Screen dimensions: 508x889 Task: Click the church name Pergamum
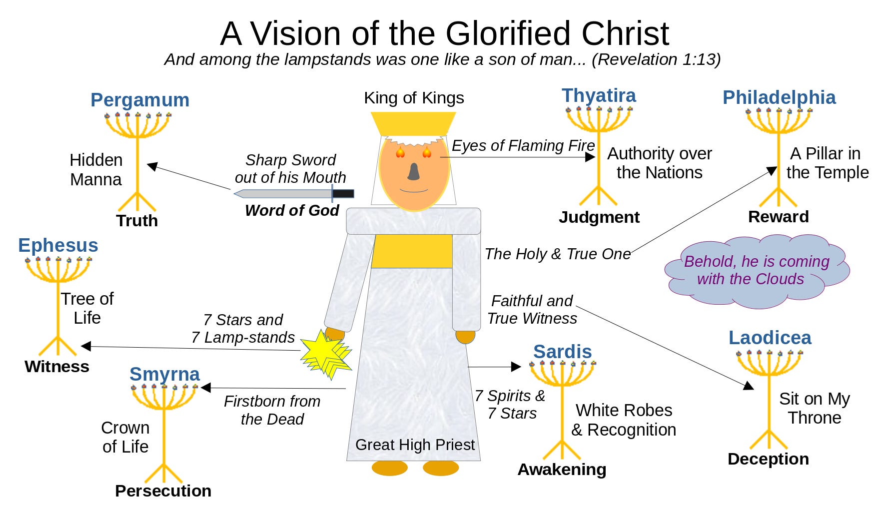click(140, 100)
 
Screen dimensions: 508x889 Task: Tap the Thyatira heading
click(599, 95)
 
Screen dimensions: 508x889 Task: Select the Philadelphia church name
click(779, 97)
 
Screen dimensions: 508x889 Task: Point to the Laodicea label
click(770, 338)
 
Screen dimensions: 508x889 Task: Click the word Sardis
click(562, 352)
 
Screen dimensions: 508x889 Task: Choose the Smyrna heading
click(164, 374)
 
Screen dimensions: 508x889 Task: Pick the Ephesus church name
click(58, 245)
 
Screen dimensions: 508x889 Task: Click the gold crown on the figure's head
click(413, 123)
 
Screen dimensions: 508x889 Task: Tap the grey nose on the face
click(414, 171)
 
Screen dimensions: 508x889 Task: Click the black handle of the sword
click(343, 193)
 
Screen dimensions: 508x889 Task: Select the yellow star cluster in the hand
click(325, 353)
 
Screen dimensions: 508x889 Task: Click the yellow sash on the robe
click(412, 251)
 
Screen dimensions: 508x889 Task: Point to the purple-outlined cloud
click(757, 270)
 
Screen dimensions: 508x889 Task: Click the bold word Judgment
click(599, 217)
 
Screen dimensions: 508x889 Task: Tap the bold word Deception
click(768, 459)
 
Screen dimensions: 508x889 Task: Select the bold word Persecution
click(163, 491)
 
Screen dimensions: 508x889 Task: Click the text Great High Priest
click(415, 445)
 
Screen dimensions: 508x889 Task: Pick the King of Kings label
click(414, 98)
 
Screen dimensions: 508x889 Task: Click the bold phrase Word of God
click(292, 211)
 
